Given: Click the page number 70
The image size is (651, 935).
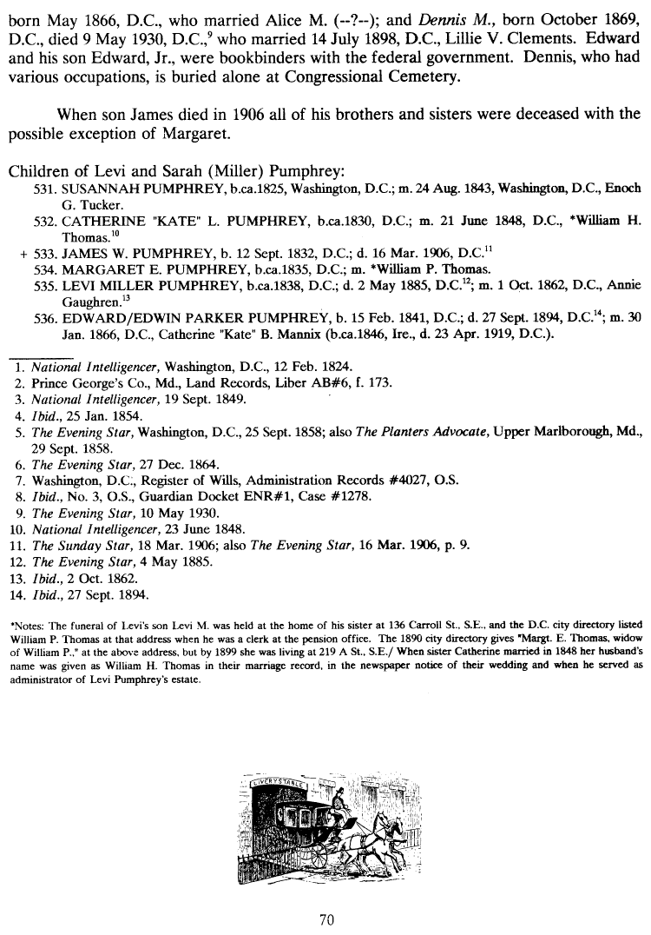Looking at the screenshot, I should pos(326,918).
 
